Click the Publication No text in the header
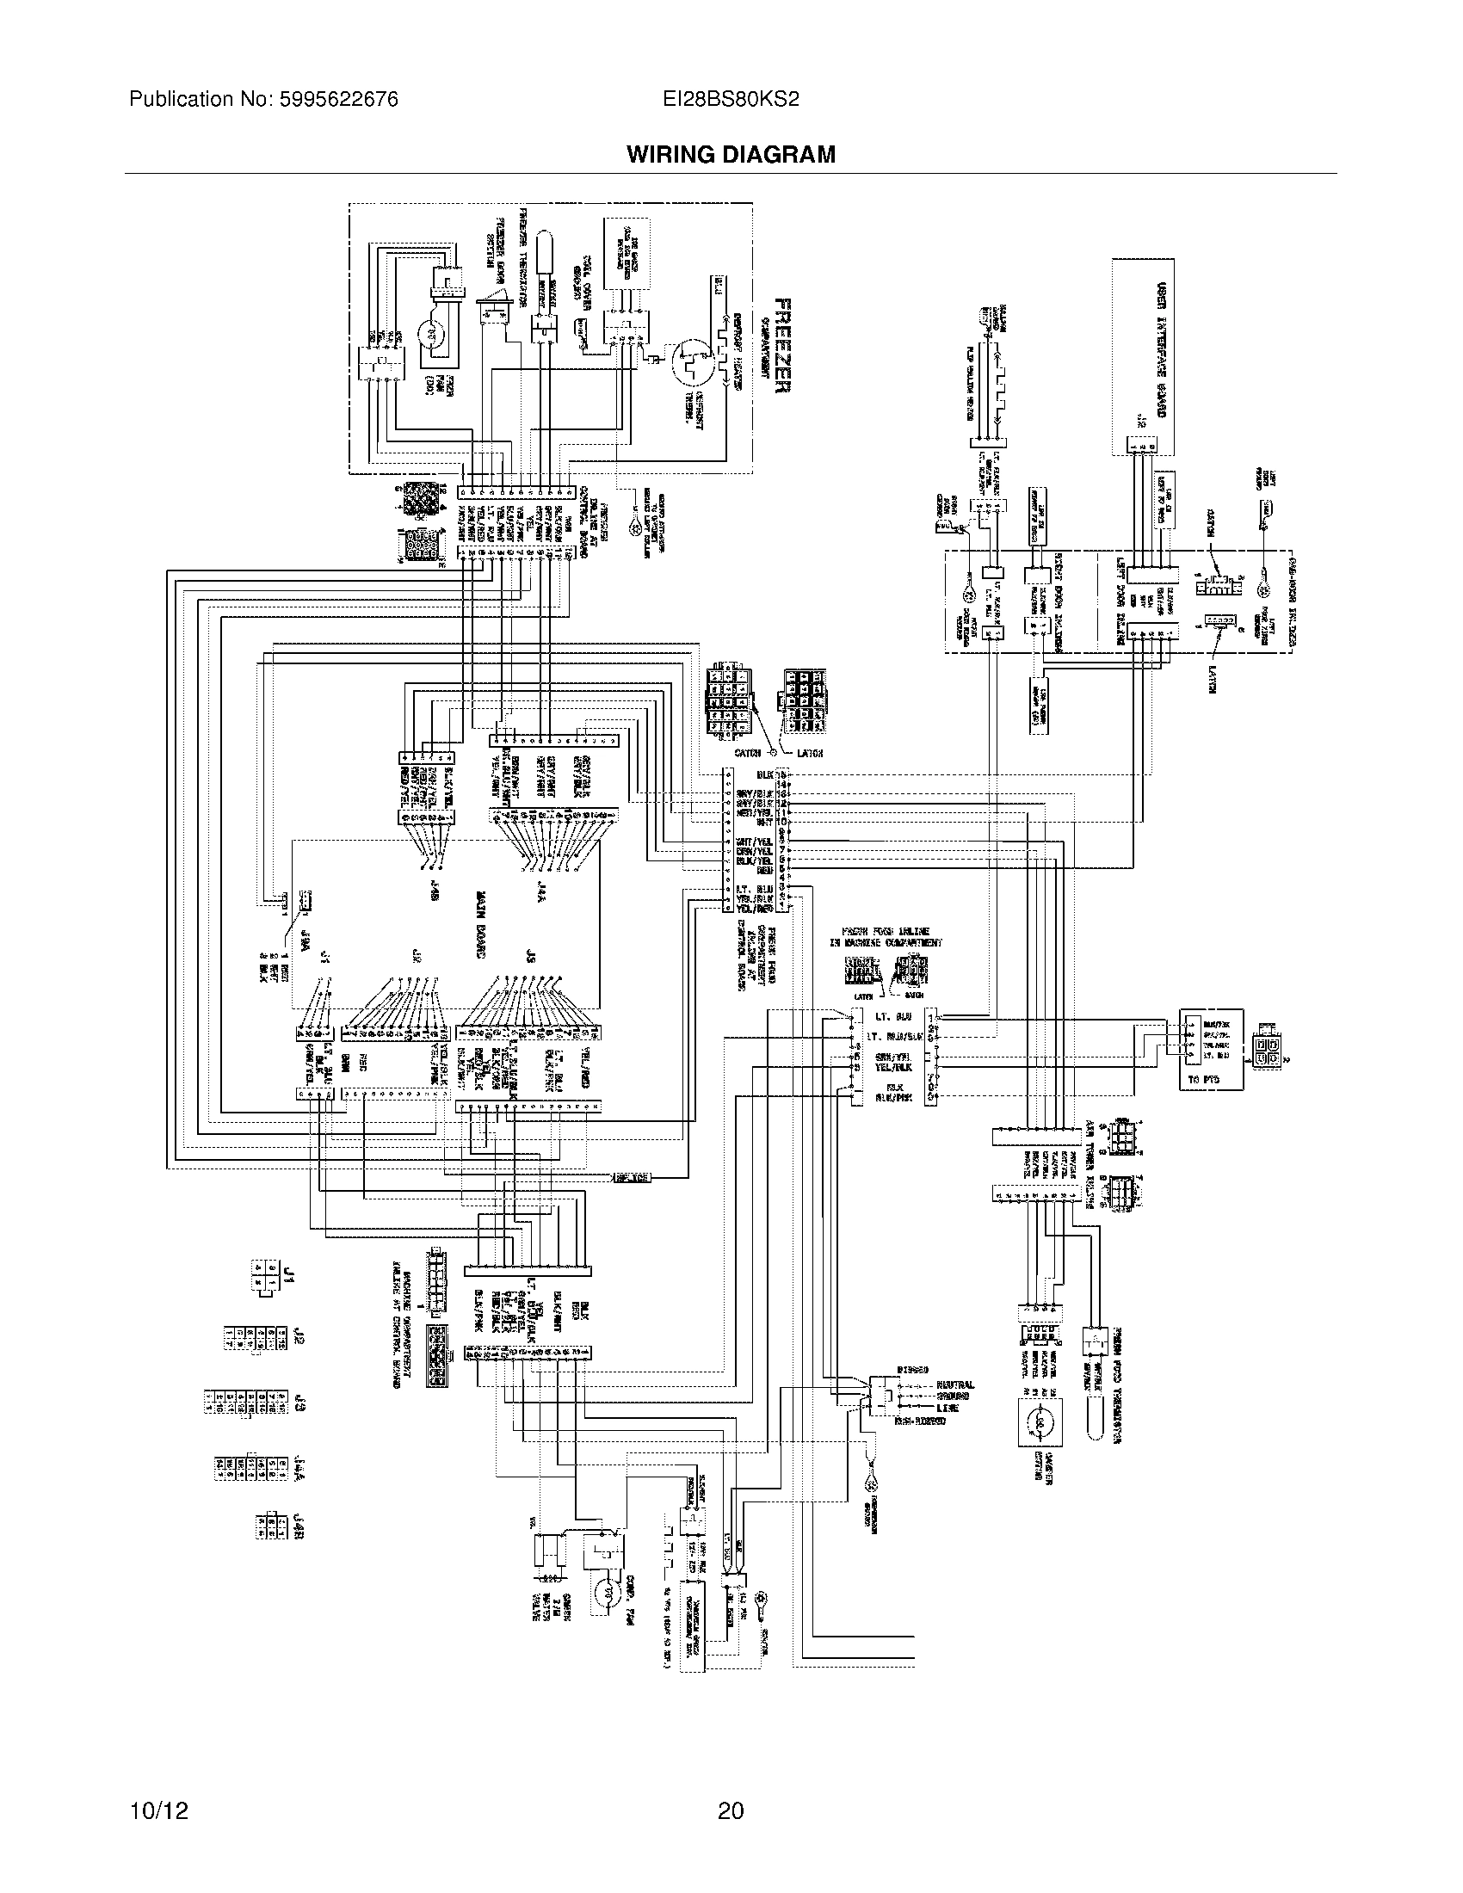(263, 100)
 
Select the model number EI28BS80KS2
(731, 100)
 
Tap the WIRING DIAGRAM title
(731, 154)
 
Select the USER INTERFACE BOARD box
(1143, 355)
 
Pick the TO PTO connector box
(1211, 1049)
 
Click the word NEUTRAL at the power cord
(954, 1384)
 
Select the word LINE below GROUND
(948, 1409)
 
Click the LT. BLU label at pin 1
(892, 1015)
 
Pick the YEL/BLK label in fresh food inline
(893, 1068)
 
